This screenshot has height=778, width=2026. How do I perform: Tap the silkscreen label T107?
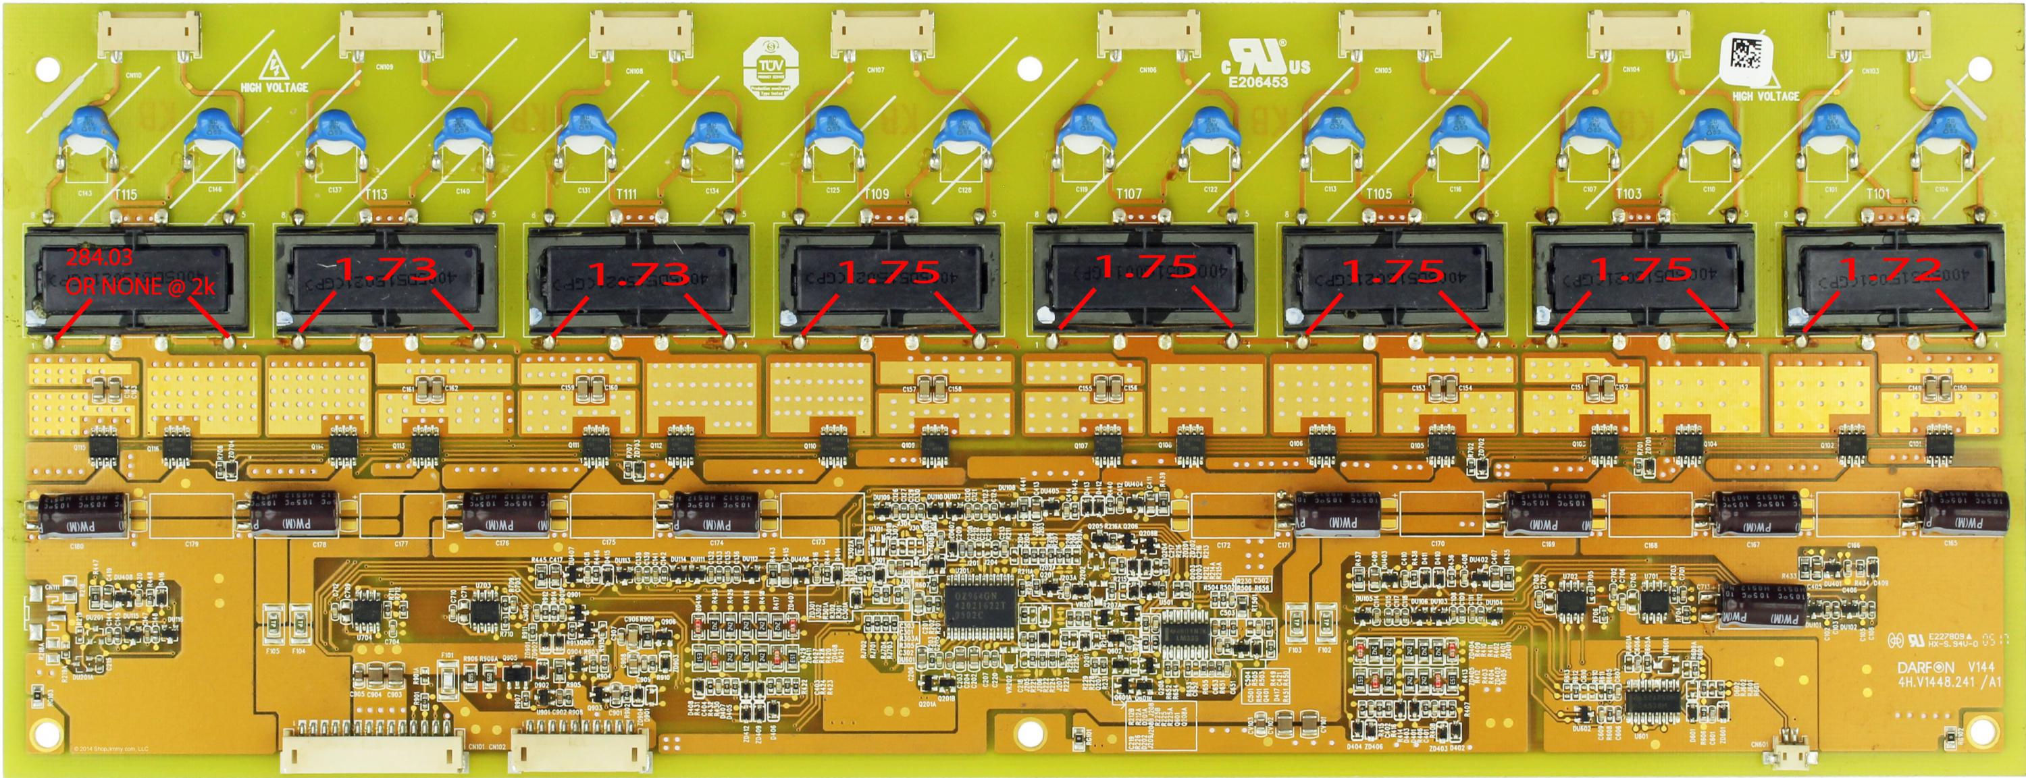[1128, 194]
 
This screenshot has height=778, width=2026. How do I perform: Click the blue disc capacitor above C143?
[89, 133]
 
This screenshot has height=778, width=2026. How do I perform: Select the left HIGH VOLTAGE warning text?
[276, 87]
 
